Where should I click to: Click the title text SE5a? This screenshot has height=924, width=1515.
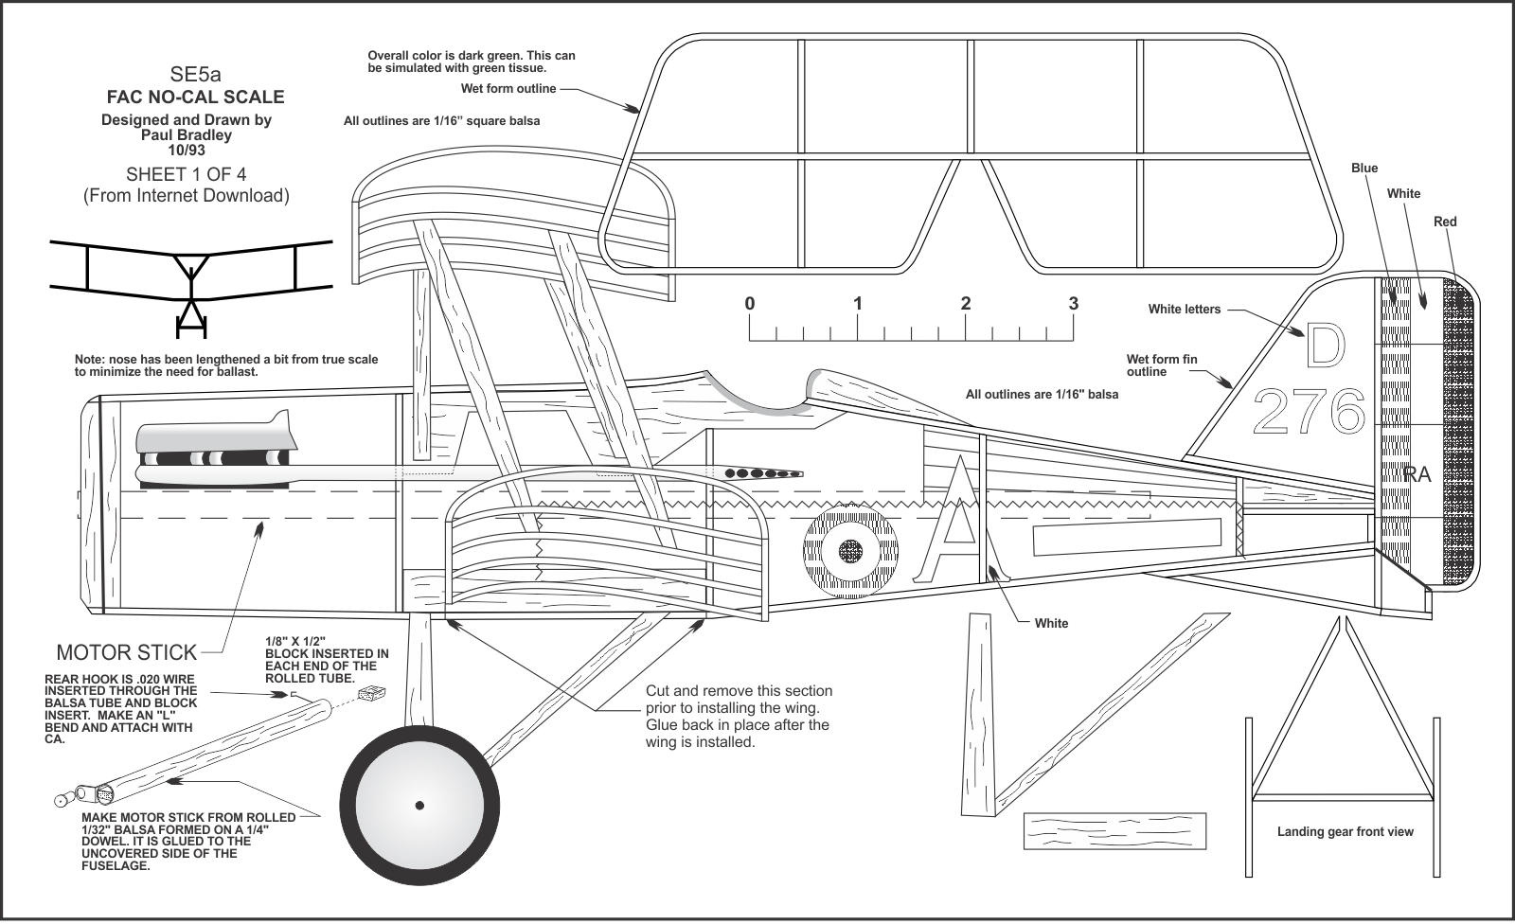(x=195, y=74)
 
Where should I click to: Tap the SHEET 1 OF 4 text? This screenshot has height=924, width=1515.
(x=186, y=174)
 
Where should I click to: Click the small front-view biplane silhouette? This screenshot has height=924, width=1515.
(x=191, y=279)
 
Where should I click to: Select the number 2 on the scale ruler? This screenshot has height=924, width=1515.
(x=965, y=304)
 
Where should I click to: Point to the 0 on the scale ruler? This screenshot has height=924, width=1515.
(x=750, y=304)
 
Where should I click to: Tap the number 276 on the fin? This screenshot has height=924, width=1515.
(x=1309, y=412)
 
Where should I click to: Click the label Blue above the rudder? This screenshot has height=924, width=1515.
(x=1363, y=169)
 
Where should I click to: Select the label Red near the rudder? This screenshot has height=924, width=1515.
(x=1444, y=222)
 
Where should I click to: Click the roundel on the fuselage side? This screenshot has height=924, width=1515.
(x=850, y=551)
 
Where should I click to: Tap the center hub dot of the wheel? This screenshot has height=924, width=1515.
(x=419, y=806)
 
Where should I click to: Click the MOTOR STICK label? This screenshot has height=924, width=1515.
(x=127, y=652)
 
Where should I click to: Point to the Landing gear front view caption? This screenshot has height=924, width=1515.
(x=1345, y=832)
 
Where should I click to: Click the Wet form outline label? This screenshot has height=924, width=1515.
(x=508, y=89)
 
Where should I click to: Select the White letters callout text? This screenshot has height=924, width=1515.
(x=1184, y=309)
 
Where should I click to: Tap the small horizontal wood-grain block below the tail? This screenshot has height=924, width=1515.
(x=1114, y=830)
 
